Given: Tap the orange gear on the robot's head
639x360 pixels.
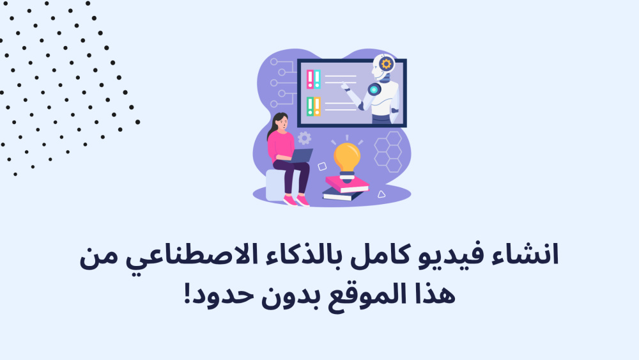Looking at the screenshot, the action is [x=386, y=63].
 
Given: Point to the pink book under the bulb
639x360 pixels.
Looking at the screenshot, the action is [x=347, y=184].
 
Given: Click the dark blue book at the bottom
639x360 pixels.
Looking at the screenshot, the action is [x=343, y=194].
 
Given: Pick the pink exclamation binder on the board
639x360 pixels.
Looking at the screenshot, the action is [x=310, y=79].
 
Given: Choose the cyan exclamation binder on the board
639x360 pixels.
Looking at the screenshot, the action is [x=317, y=79].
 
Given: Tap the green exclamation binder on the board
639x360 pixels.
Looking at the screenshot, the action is [x=310, y=106].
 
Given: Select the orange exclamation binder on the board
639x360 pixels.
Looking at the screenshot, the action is [x=317, y=106].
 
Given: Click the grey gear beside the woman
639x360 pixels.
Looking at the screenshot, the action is [x=304, y=138].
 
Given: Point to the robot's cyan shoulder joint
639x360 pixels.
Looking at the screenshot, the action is [x=374, y=90].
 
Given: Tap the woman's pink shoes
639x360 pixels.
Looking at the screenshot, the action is [x=296, y=201].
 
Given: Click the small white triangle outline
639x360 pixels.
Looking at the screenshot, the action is [x=381, y=194].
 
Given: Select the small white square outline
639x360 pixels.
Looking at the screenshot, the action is [x=322, y=166].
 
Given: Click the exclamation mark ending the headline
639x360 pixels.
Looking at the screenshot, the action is [x=188, y=293].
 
